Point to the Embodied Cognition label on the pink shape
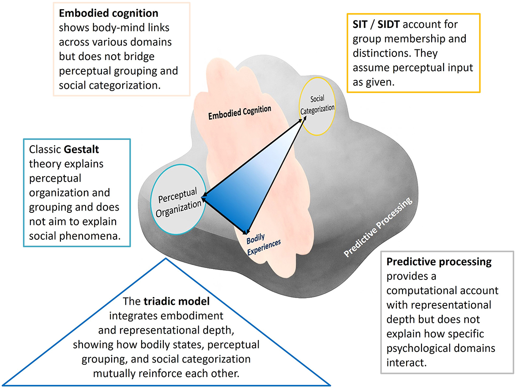point(240,113)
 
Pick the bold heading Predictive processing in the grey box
point(439,262)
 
